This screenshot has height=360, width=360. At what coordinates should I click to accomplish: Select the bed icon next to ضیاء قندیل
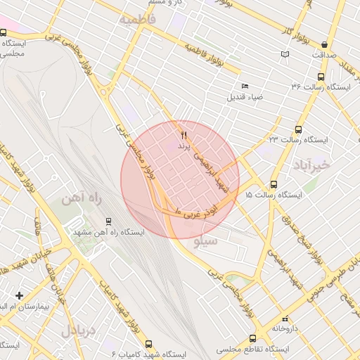click(245, 86)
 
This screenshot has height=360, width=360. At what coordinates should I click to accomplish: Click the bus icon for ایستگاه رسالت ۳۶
click(321, 77)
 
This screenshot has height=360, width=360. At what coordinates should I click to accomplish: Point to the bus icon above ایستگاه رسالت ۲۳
click(298, 129)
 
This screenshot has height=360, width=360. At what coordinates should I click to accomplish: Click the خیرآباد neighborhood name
click(309, 166)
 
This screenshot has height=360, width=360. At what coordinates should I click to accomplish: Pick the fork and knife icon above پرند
click(184, 133)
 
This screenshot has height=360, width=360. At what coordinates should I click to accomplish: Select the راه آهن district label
click(82, 200)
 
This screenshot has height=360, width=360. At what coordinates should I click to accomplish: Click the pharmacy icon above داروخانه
click(285, 318)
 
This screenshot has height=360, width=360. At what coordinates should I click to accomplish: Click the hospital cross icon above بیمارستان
click(19, 296)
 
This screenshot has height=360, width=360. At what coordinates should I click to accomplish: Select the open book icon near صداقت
click(285, 53)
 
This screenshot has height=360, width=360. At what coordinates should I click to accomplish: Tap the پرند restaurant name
click(184, 144)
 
